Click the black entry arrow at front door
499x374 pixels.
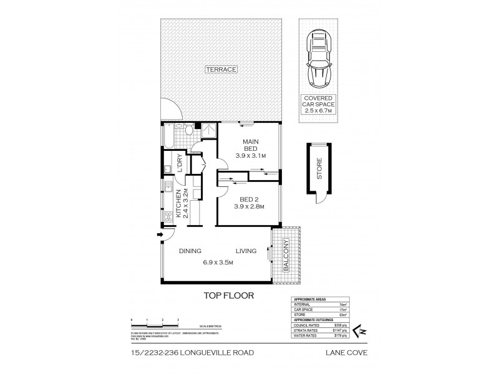pos(160,235)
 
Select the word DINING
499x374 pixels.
pos(190,251)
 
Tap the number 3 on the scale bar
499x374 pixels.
pos(178,320)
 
